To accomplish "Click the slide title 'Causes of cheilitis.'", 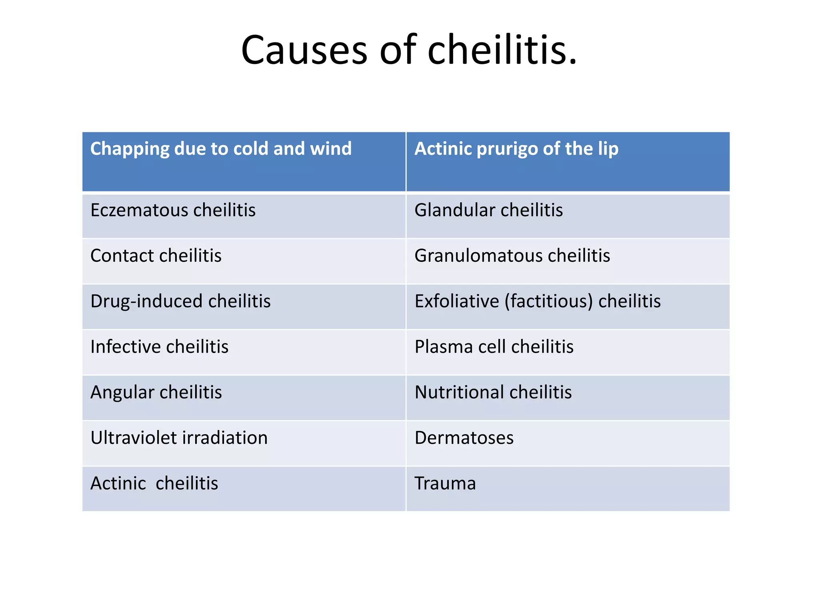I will [409, 50].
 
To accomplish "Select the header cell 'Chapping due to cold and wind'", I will [221, 149].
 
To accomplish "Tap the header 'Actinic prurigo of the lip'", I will [516, 149].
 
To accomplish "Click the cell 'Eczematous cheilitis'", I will [173, 210].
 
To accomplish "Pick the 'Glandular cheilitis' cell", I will [488, 210].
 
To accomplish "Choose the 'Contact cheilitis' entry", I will [156, 256].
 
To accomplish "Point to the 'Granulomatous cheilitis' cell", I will [512, 256].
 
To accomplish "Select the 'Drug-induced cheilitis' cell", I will [180, 301].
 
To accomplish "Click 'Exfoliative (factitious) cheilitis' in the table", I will [537, 301].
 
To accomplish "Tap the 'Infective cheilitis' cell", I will [159, 347].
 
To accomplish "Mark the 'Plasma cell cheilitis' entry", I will [494, 347].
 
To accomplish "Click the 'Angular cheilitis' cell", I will [156, 393].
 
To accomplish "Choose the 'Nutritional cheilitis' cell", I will [493, 393].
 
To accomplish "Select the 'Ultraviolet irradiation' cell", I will [179, 438].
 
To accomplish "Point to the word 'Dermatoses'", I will [464, 438].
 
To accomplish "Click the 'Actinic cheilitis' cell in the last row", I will [154, 484].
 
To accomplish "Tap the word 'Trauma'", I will [445, 484].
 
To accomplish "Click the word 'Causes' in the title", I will [304, 50].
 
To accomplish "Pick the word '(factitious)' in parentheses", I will [549, 301].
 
